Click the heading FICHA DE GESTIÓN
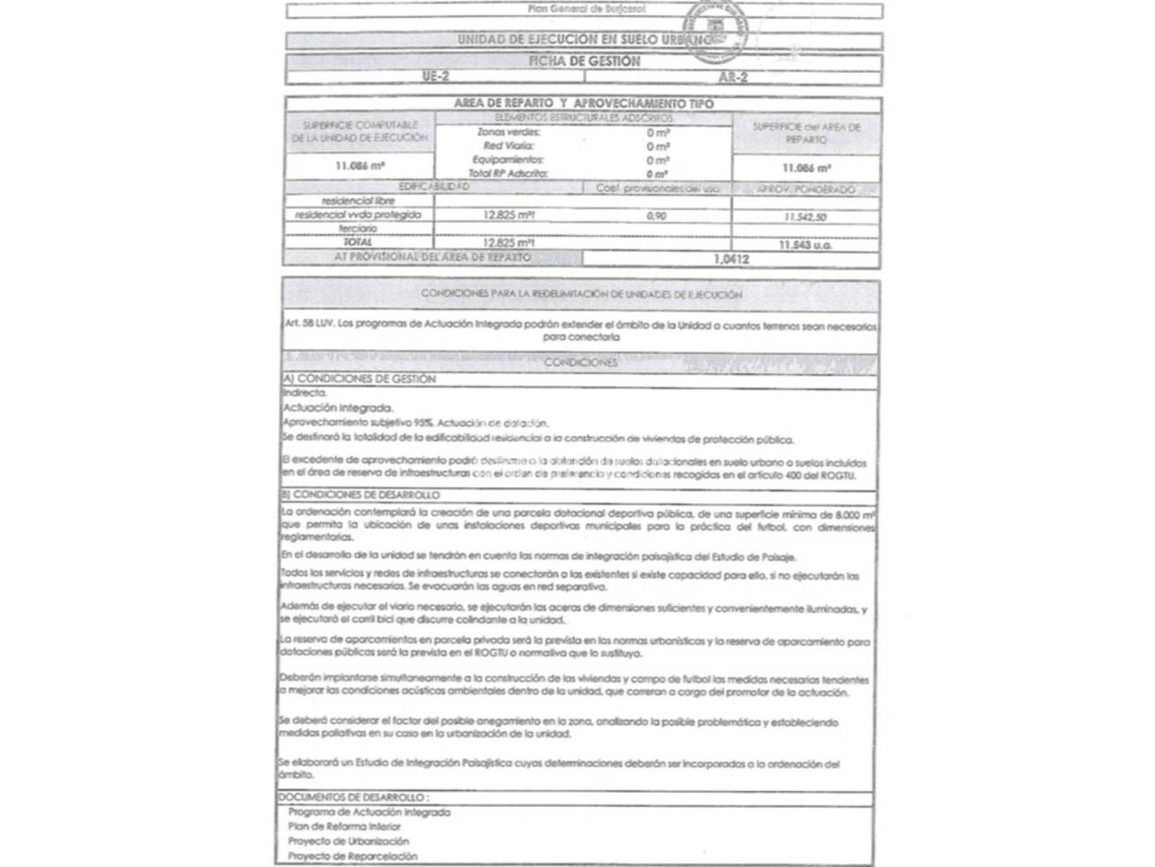[584, 61]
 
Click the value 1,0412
[731, 259]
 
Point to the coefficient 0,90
[657, 217]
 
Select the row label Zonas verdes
[509, 133]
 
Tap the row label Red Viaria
[509, 146]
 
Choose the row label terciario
[358, 229]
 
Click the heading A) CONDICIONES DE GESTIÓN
[359, 379]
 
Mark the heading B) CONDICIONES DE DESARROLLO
[361, 496]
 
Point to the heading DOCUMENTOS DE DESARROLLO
[353, 797]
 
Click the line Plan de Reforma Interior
[344, 826]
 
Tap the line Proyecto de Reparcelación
[353, 855]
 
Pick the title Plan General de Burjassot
[587, 9]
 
